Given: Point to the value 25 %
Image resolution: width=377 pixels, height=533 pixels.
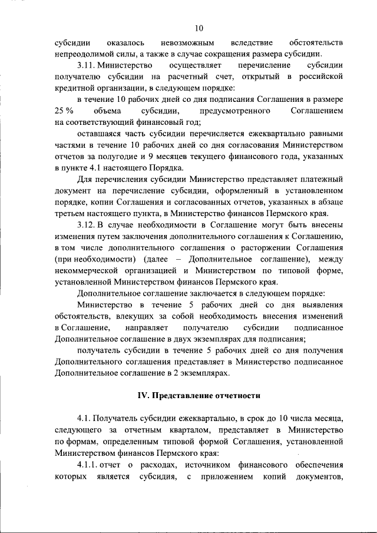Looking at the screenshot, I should tap(64, 111).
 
